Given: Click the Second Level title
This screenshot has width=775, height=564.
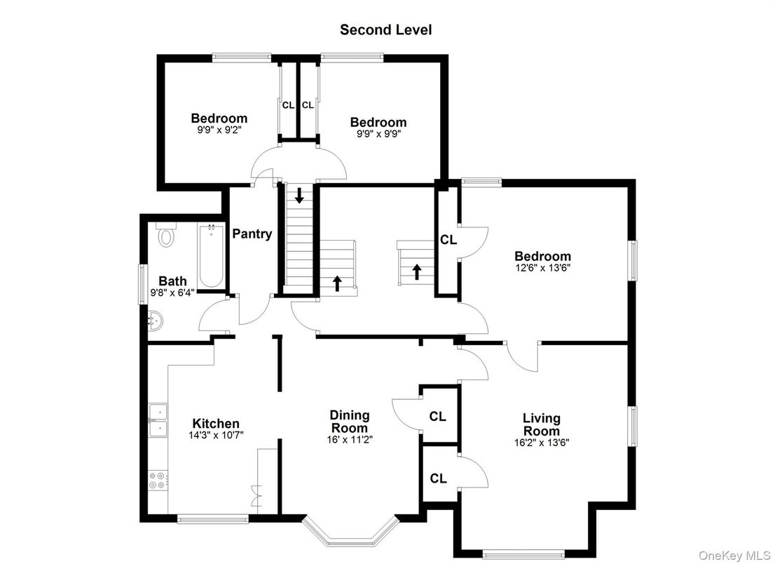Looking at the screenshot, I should click(385, 29).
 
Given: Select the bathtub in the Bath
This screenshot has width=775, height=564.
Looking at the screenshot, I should click(210, 256).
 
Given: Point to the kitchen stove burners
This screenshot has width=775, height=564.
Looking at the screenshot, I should click(158, 480).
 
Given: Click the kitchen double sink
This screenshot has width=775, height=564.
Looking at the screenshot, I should click(158, 419).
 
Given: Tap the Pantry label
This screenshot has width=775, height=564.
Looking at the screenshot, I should click(252, 234).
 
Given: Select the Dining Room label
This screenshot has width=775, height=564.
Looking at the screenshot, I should click(350, 422).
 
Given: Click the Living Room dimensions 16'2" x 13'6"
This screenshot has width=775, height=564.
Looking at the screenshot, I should click(541, 443).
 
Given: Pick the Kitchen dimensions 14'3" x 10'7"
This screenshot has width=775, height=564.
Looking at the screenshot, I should click(216, 435).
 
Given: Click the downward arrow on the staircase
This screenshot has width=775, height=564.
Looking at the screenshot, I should click(300, 196).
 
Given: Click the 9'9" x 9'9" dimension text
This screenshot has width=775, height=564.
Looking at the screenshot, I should click(378, 133).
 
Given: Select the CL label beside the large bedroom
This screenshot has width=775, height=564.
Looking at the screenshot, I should click(448, 239).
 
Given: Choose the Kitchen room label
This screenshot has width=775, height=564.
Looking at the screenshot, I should click(216, 424).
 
